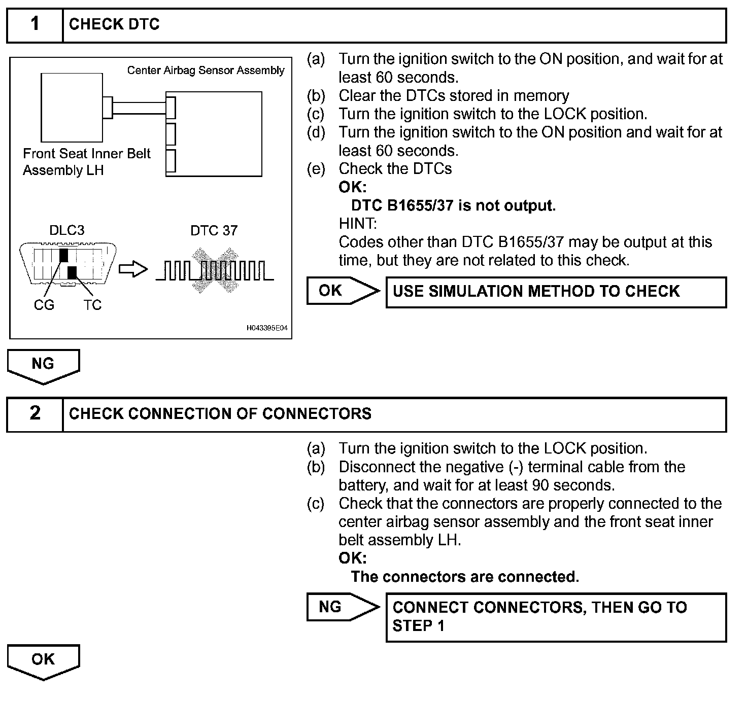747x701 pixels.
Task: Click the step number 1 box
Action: (x=35, y=24)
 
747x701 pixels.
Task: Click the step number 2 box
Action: (x=35, y=413)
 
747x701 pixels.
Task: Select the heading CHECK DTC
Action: (x=114, y=24)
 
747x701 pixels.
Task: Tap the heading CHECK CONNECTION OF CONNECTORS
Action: (x=220, y=413)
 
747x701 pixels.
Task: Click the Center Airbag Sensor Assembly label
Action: (x=206, y=71)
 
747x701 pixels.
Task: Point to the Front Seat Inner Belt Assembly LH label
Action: (x=86, y=162)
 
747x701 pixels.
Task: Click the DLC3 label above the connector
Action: (x=66, y=230)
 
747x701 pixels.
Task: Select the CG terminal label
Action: (x=44, y=305)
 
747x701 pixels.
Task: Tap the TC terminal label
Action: (x=92, y=305)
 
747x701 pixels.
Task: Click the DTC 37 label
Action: (x=214, y=231)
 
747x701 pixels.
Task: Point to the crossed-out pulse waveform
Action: (x=214, y=270)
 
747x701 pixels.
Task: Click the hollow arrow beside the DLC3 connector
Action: (x=133, y=270)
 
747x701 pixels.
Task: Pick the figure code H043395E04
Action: (x=267, y=328)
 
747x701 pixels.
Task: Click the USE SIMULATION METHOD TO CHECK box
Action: (x=556, y=292)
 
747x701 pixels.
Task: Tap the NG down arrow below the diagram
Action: (x=43, y=365)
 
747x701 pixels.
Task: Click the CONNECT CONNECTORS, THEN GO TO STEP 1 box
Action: (x=556, y=617)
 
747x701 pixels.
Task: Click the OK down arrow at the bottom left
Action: (x=43, y=661)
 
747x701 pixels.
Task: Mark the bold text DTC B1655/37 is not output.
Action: (x=453, y=205)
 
